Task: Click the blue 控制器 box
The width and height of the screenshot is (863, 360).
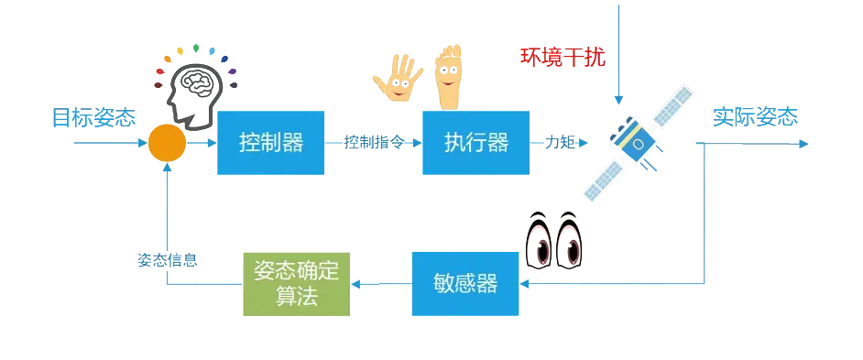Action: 271,142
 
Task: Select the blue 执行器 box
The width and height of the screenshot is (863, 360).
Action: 475,142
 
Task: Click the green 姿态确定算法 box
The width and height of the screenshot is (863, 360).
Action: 297,283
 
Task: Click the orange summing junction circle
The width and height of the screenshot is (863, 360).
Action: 167,144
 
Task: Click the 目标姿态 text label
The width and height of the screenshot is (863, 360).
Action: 93,118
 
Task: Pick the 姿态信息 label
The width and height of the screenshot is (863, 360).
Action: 168,259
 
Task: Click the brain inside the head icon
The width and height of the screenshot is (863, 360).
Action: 204,82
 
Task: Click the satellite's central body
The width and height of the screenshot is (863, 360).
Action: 638,142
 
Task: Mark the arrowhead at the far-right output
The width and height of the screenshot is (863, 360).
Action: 803,144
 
